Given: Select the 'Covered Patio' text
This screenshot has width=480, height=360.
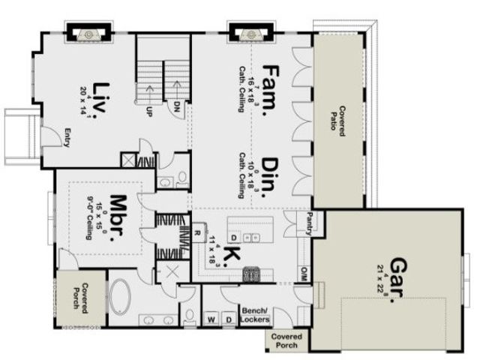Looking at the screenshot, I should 337,120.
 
